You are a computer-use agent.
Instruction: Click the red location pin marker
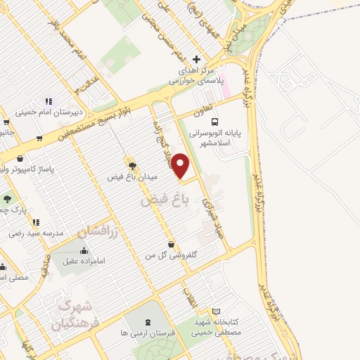[181, 166]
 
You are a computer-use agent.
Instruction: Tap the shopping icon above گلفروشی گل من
[172, 244]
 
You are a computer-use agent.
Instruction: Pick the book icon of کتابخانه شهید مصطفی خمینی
[217, 311]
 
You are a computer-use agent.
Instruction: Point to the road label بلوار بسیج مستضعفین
[84, 127]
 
